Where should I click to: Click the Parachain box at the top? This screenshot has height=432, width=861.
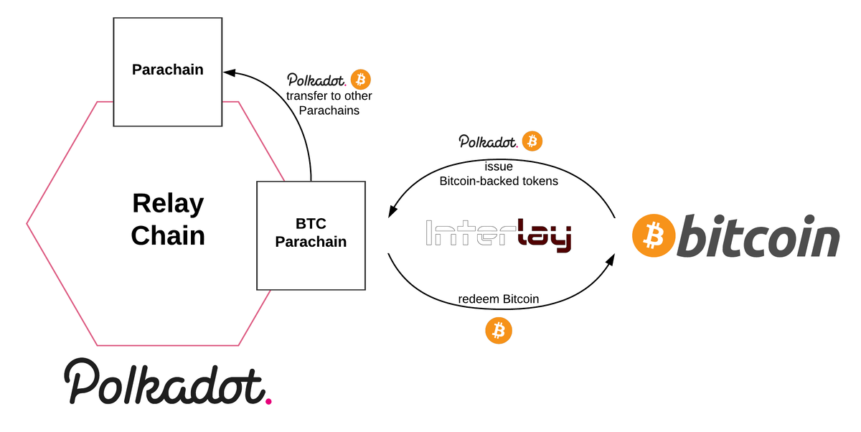pos(168,70)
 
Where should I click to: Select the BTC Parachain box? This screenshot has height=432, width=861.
pos(311,235)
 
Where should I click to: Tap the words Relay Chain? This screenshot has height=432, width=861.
pos(168,220)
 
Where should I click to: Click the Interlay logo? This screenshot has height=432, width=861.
pos(499,235)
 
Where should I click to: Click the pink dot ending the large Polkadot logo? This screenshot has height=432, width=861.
pos(268,400)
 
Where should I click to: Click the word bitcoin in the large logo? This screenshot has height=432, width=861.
pos(758,238)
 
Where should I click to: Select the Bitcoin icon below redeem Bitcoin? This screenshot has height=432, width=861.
pos(499,331)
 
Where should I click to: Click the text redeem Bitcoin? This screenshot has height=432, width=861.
pos(499,299)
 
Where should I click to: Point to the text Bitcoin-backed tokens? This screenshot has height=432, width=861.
pos(499,181)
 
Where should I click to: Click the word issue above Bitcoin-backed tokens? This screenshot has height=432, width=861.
pos(499,166)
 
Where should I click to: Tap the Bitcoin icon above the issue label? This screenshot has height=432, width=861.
pos(532,141)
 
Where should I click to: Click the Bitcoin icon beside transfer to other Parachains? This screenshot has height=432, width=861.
pos(361,79)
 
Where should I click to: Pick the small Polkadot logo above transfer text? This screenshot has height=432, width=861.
pos(317,80)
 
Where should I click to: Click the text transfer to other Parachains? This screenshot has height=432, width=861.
pos(329,103)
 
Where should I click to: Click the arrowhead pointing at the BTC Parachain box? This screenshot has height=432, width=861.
pos(392,212)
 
